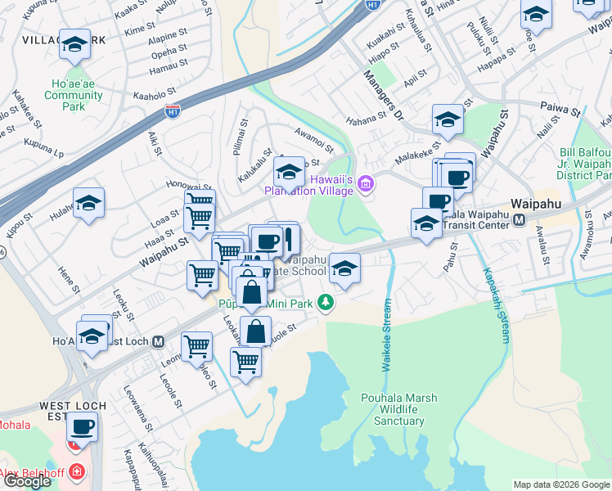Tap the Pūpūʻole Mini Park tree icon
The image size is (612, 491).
[326, 303]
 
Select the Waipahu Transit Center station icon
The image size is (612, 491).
[520, 220]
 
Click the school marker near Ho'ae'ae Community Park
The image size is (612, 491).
[74, 46]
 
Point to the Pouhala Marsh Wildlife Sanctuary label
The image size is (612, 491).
[399, 410]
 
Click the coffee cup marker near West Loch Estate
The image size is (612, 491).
[81, 426]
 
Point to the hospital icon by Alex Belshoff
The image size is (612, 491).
[76, 472]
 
